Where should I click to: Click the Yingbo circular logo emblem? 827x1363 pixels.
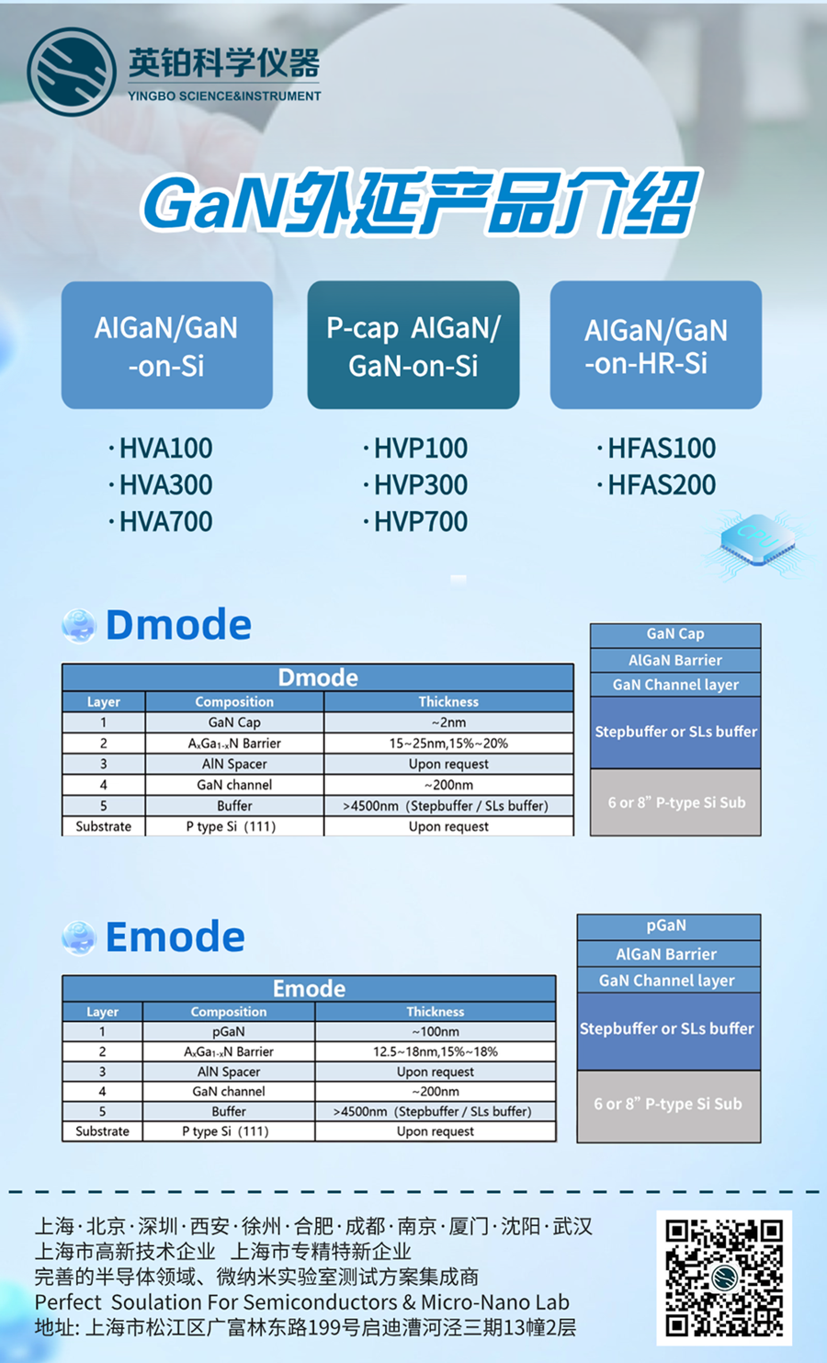pos(72,72)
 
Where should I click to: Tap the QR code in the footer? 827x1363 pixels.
pos(724,1278)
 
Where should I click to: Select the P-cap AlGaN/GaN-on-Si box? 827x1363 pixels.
pos(413,345)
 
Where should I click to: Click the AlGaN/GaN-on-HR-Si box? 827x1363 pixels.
pos(655,345)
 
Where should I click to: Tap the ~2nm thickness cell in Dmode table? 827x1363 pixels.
pos(448,722)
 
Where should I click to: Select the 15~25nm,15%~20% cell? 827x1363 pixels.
pos(448,743)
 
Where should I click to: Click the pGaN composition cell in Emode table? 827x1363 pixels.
pos(228,1031)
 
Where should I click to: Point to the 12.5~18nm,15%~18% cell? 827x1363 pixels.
pos(435,1051)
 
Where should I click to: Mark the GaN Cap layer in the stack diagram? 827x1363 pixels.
pos(675,634)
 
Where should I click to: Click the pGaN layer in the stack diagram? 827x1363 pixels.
pos(667,926)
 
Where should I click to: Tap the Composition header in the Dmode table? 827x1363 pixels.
pos(234,701)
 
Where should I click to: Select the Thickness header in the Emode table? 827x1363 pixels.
pos(435,1011)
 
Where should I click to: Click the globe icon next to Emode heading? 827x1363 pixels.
pos(79,937)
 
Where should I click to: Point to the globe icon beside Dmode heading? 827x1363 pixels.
pos(79,626)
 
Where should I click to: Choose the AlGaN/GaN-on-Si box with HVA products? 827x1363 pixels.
pos(166,345)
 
